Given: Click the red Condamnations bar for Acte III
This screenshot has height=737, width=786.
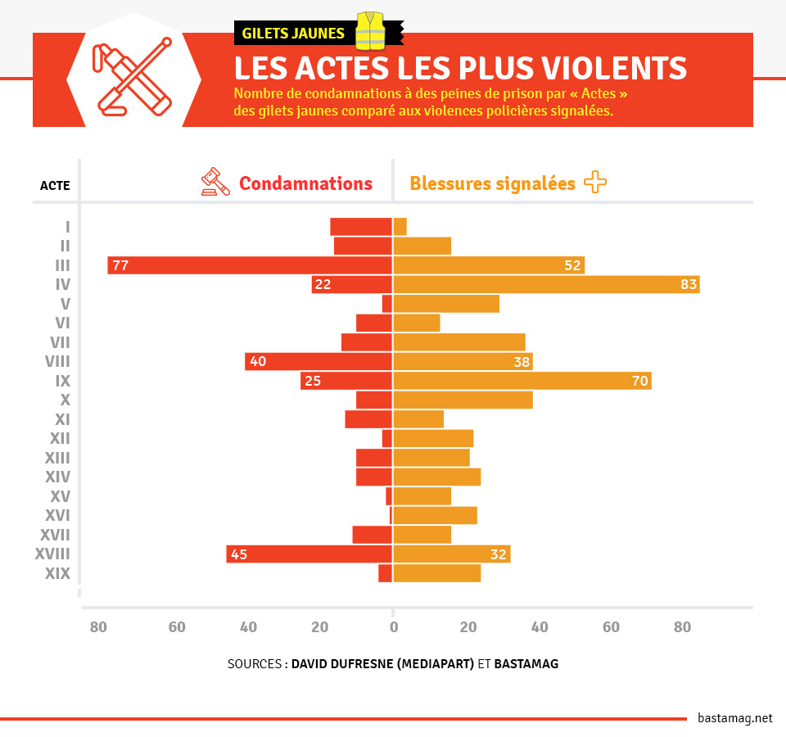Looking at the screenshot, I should pyautogui.click(x=250, y=265).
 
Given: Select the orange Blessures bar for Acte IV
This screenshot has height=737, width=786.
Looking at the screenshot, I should pyautogui.click(x=546, y=284).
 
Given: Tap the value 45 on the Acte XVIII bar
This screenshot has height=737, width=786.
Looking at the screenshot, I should pyautogui.click(x=239, y=554).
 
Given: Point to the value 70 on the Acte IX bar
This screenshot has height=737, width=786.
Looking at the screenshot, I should pyautogui.click(x=639, y=381).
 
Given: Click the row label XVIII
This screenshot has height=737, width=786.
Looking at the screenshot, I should pyautogui.click(x=52, y=554).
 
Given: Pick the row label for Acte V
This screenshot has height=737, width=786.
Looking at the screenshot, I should pyautogui.click(x=65, y=304).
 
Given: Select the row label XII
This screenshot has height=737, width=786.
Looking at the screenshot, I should pyautogui.click(x=59, y=439).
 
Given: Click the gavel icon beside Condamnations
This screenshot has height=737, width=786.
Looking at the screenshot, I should pyautogui.click(x=215, y=182).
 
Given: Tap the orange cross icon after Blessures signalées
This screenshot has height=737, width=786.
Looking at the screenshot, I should pyautogui.click(x=595, y=182).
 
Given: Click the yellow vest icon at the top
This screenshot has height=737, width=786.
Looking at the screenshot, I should pyautogui.click(x=370, y=31).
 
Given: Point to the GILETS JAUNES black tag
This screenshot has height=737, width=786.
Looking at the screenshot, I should pyautogui.click(x=293, y=34).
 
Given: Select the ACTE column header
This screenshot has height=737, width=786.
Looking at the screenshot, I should pyautogui.click(x=55, y=186).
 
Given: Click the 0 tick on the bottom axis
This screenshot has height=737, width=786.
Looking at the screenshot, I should pyautogui.click(x=393, y=628).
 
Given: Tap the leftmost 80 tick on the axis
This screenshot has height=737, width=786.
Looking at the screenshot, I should pyautogui.click(x=98, y=628).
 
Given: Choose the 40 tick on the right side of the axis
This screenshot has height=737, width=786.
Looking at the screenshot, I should pyautogui.click(x=540, y=628).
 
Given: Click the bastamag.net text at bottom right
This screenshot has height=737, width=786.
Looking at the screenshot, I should pyautogui.click(x=734, y=718).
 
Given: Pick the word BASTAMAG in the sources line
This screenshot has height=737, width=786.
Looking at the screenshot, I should pyautogui.click(x=526, y=664).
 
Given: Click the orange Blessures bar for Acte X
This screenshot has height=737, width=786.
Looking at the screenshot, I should pyautogui.click(x=463, y=400).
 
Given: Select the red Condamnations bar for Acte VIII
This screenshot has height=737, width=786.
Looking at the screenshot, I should pyautogui.click(x=318, y=361).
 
